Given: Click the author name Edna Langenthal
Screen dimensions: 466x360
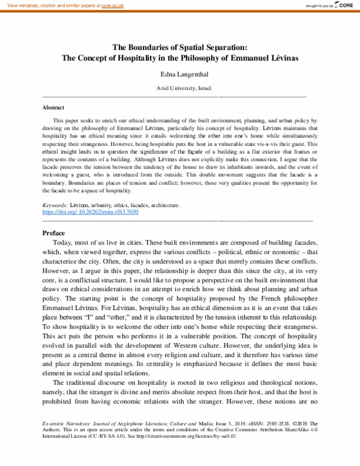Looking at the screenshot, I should pyautogui.click(x=180, y=76).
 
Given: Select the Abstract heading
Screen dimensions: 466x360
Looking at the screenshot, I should pyautogui.click(x=53, y=108).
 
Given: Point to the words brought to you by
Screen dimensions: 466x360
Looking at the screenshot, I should pyautogui.click(x=316, y=6).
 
